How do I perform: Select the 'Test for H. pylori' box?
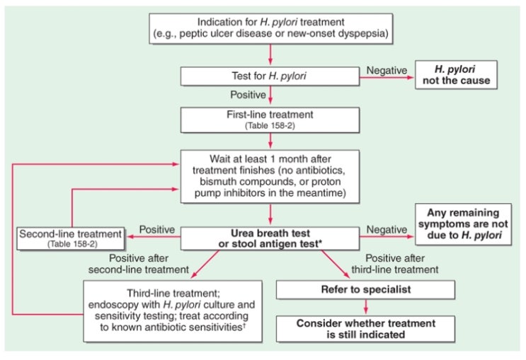[x=270, y=74]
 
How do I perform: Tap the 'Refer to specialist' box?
[x=366, y=290]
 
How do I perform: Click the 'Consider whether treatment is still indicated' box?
[x=366, y=329]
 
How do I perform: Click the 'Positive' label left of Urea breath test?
[x=157, y=230]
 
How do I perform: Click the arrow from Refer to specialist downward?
[x=366, y=307]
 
